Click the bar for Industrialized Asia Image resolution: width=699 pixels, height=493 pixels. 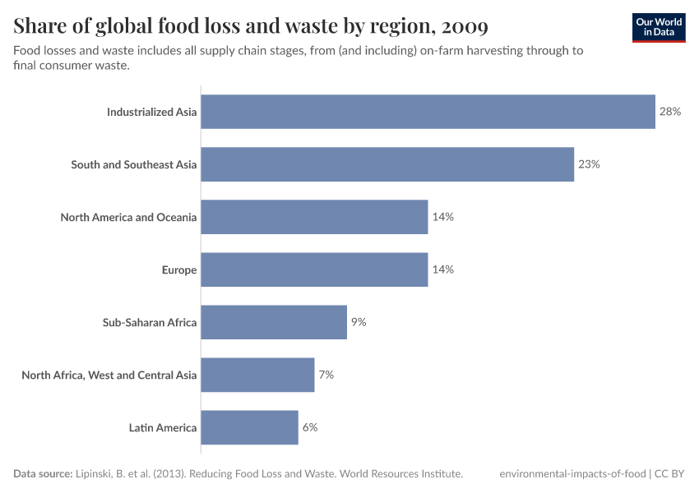pos(428,112)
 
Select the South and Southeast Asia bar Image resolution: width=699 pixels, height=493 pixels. pos(387,164)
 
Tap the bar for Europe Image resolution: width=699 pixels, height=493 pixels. pos(314,270)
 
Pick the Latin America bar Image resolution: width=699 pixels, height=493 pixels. pos(249,427)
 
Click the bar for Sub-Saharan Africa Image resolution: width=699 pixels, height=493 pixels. pos(274,322)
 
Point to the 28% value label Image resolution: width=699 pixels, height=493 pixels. pos(670,112)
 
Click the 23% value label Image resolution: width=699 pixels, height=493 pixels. pos(589,164)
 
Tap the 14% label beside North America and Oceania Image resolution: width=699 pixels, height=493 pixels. pos(442,217)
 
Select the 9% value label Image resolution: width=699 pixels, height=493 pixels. pos(359,322)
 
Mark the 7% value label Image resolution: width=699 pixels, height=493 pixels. pos(326,375)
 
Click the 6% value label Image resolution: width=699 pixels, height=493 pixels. pos(309,427)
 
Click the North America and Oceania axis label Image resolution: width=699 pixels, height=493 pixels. pos(128,217)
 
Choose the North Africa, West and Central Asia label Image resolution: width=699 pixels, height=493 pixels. pos(109,375)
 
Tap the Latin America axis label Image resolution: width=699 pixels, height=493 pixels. pos(163,427)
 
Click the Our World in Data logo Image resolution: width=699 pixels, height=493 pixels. pos(659,27)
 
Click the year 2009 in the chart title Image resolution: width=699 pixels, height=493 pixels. pos(465,27)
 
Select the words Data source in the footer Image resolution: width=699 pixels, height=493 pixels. pos(41,474)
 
